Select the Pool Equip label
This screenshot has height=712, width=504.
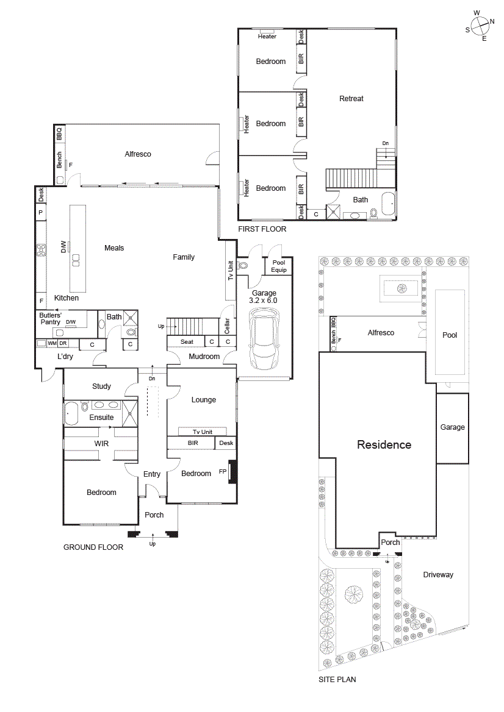[x=278, y=266]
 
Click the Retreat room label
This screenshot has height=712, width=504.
[x=351, y=99]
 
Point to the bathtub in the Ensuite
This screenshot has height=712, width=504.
[x=71, y=413]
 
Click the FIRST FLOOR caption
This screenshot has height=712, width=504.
[x=261, y=230]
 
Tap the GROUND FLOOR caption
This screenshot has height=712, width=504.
[x=93, y=547]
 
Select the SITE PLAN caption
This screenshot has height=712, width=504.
[x=337, y=679]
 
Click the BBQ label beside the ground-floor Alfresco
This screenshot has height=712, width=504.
[x=59, y=133]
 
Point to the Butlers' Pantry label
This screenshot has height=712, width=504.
[x=50, y=319]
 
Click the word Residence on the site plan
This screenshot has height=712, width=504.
[x=384, y=445]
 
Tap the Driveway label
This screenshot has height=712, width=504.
[x=438, y=575]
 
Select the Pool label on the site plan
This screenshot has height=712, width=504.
[x=450, y=335]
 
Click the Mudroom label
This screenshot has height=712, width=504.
[x=204, y=357]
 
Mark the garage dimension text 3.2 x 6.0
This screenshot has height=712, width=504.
[x=264, y=301]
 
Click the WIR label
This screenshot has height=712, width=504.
[x=101, y=444]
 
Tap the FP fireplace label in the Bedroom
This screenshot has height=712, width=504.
[x=223, y=471]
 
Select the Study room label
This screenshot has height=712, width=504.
[x=101, y=386]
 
